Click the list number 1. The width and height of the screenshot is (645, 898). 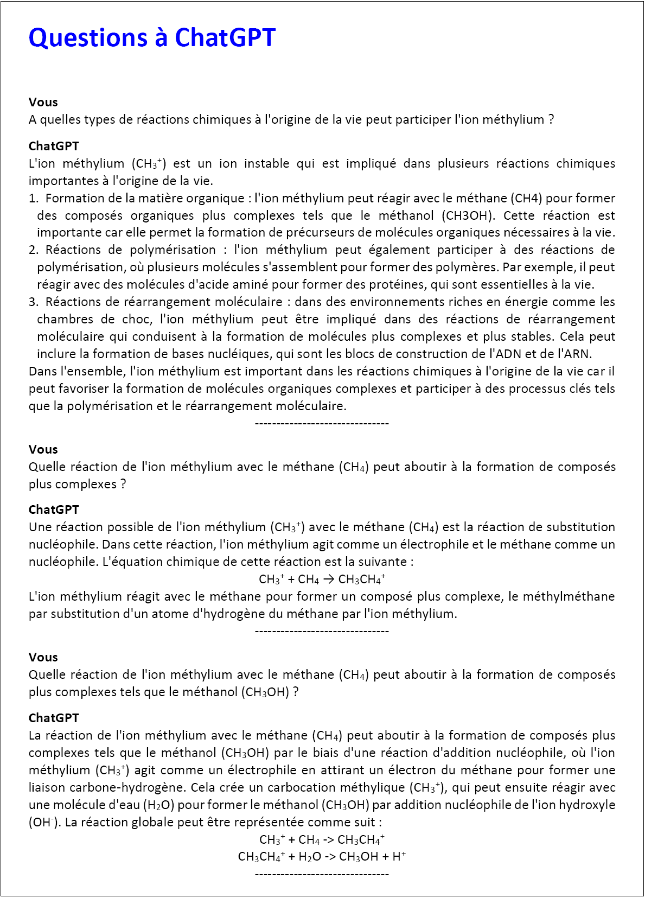(x=33, y=198)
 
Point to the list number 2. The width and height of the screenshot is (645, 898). (x=33, y=250)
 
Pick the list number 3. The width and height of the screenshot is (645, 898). (x=33, y=302)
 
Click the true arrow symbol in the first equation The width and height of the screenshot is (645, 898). (x=329, y=579)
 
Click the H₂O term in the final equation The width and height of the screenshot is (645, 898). (x=310, y=857)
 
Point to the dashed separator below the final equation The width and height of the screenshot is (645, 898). (x=322, y=874)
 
